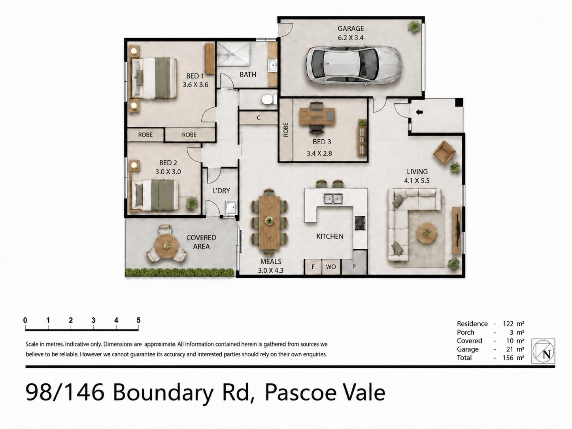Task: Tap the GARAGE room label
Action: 351,28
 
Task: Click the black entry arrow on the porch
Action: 419,112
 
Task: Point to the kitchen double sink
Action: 333,199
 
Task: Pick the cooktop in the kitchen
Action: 360,223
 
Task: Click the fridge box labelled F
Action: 313,267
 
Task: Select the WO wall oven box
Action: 331,267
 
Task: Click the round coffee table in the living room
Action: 427,232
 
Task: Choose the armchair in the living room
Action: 444,152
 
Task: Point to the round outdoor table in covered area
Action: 166,245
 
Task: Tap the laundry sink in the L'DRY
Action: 231,207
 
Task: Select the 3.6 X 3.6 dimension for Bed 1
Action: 195,84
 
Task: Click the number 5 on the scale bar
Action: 138,320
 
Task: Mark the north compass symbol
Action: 543,351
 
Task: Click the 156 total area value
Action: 508,358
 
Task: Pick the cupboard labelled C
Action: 258,118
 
